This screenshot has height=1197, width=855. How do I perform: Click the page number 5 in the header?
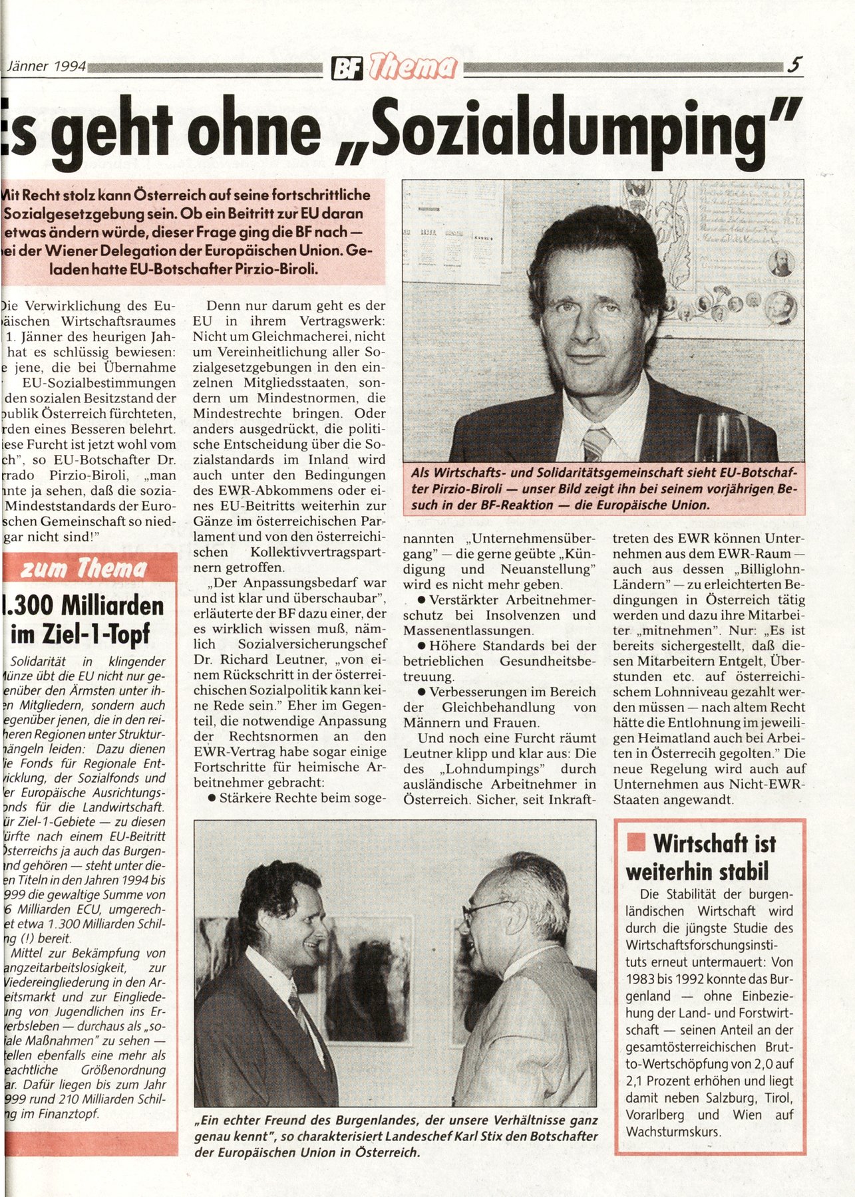pyautogui.click(x=794, y=65)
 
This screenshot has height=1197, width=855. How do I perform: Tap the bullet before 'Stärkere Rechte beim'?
pyautogui.click(x=212, y=797)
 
